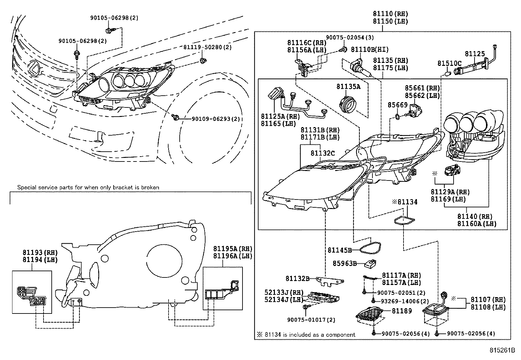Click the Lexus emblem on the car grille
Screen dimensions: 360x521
click(35, 69)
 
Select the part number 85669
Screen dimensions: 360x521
click(398, 105)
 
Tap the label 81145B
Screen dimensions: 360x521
click(339, 250)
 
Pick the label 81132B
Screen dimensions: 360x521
click(297, 278)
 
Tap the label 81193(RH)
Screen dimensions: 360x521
click(40, 253)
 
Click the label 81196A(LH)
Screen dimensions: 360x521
click(233, 256)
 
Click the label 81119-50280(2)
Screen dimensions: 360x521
click(207, 47)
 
